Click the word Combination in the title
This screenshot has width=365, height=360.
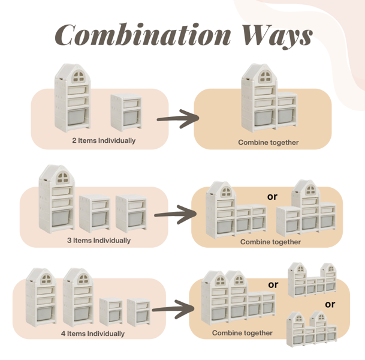[143, 34]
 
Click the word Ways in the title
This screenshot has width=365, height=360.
[277, 37]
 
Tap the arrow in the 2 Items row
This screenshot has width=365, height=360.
[178, 119]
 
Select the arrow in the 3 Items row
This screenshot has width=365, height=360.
[175, 214]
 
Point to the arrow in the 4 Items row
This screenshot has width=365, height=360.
[173, 309]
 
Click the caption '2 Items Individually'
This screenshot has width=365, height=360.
[104, 141]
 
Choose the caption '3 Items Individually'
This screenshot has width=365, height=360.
[99, 241]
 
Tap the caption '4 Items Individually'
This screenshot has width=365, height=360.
[93, 334]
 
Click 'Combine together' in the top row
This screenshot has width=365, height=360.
[268, 142]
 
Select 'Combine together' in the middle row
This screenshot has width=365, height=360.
[270, 242]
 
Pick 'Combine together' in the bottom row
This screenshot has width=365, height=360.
[242, 333]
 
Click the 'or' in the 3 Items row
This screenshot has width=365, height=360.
[272, 197]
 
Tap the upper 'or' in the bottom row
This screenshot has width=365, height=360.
[273, 285]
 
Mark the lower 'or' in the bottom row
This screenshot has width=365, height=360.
[330, 304]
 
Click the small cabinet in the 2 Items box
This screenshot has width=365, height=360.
[126, 113]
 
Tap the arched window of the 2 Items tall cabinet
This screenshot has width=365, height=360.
[79, 76]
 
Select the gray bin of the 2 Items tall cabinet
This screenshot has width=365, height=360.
[76, 117]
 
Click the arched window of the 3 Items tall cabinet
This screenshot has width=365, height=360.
[62, 178]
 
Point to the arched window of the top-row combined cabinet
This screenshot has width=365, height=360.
[266, 77]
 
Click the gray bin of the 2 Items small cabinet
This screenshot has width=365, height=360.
[131, 118]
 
